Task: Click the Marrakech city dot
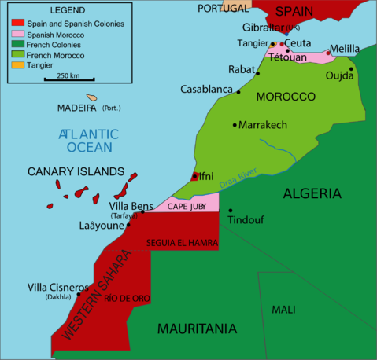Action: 235,125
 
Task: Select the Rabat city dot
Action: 257,73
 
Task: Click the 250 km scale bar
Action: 68,80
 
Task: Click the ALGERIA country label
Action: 312,193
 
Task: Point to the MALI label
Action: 283,310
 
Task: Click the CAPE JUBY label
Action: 186,206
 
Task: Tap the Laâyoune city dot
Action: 128,225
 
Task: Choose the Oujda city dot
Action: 351,68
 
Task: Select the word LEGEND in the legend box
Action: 67,12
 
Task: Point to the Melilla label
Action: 344,49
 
